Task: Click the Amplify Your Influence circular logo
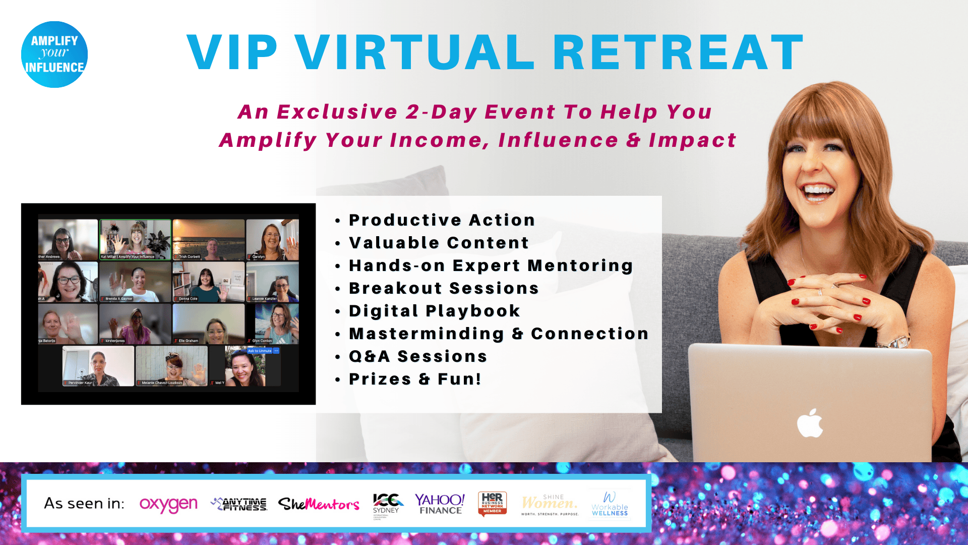coord(54,54)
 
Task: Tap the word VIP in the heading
coord(232,52)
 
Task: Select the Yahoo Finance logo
coord(440,504)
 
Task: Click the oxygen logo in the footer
coord(168,504)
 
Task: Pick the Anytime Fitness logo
coord(239,504)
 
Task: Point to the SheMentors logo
coord(319,504)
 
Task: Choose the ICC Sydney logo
coord(387,504)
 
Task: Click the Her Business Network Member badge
coord(492,504)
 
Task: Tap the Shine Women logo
coord(550,504)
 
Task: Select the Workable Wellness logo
coord(610,504)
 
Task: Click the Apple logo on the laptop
coord(810,423)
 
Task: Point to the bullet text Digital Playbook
coord(434,311)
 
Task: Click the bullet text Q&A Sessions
coord(418,356)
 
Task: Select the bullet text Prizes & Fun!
coord(415,379)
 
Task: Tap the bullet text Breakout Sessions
coord(444,288)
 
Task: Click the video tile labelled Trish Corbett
coord(208,239)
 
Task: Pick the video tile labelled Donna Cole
coord(208,282)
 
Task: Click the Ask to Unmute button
coord(260,351)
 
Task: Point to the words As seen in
coord(84,504)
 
